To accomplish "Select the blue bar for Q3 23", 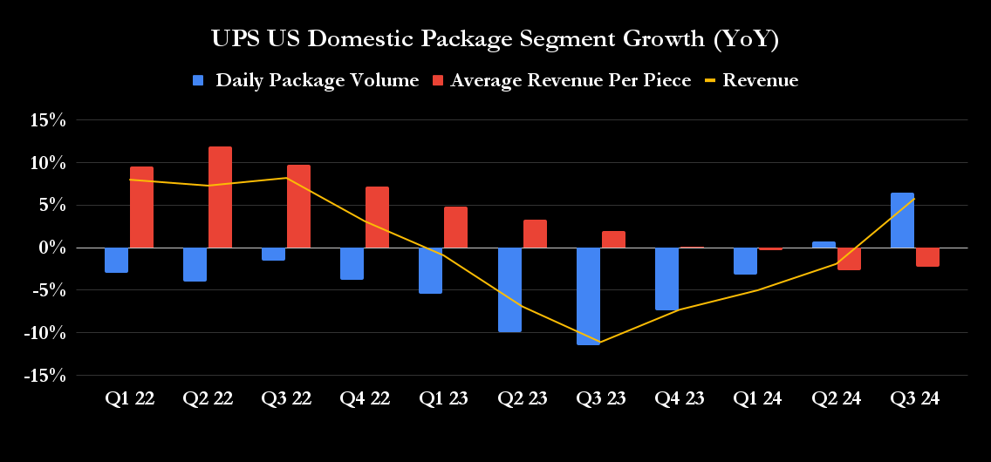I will [x=588, y=296].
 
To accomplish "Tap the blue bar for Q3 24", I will [x=903, y=221].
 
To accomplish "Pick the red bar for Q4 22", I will [x=378, y=217].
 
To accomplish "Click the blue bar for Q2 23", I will [x=509, y=289].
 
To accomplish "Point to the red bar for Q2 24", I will [x=849, y=259].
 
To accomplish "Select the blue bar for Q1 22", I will [x=116, y=260].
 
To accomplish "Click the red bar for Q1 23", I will [x=456, y=228].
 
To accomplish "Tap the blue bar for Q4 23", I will [x=666, y=279].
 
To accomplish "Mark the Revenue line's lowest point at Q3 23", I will [x=599, y=342].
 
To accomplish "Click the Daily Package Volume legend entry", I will [x=306, y=80].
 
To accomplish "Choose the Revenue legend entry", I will [x=751, y=80].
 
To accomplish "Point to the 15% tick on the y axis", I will [x=48, y=120].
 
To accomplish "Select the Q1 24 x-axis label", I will [x=757, y=399].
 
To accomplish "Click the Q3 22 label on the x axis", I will [x=286, y=399].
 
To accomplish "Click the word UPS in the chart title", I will [x=236, y=39].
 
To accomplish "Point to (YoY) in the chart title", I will [x=746, y=39].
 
